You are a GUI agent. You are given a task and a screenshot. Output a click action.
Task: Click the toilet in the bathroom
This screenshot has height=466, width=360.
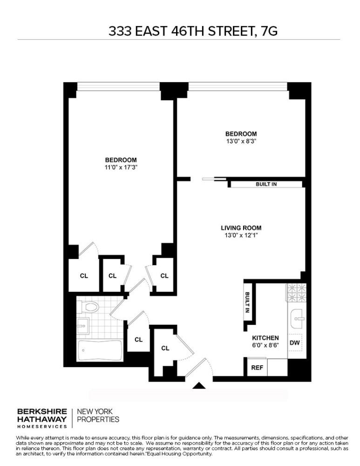click(x=89, y=307)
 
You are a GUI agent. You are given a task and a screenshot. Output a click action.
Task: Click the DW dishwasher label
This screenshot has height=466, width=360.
click(x=294, y=343)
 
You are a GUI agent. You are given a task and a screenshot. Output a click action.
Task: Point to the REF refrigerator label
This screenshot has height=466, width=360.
click(x=257, y=367)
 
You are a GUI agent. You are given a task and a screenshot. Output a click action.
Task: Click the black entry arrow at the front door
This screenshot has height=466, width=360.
click(x=199, y=385)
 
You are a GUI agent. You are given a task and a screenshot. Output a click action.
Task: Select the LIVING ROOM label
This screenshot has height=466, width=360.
click(x=241, y=228)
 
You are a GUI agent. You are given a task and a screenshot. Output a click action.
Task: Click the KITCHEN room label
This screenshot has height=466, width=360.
click(x=265, y=338)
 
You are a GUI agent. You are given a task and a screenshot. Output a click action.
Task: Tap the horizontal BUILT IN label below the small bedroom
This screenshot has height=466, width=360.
click(x=266, y=184)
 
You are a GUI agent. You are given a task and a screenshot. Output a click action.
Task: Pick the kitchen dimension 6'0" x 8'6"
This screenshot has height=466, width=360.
click(x=265, y=346)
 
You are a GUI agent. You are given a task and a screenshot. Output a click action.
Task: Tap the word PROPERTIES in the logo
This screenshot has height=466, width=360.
click(x=98, y=419)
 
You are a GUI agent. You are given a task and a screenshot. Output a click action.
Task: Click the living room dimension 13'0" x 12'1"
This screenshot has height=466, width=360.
click(x=241, y=235)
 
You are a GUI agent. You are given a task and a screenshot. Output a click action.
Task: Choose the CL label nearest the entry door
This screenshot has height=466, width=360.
click(x=165, y=348)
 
